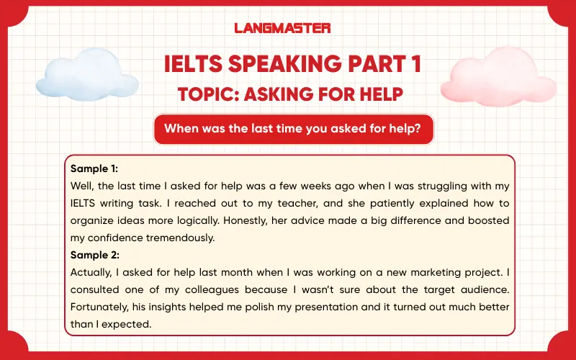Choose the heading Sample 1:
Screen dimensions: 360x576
94,169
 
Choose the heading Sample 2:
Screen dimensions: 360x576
94,255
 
